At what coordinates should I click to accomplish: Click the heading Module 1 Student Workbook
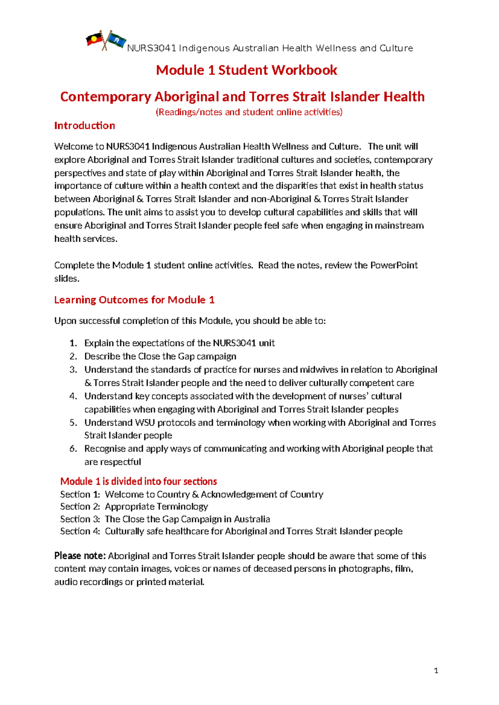[246, 70]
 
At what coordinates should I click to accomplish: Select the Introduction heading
[84, 126]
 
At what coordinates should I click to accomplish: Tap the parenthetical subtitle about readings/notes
[249, 112]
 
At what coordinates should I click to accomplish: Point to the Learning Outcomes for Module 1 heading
[134, 300]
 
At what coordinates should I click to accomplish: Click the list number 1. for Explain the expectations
[73, 343]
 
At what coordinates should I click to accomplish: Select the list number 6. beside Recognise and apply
[73, 449]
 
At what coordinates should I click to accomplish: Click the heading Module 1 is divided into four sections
[138, 481]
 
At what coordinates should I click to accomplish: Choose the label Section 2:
[80, 507]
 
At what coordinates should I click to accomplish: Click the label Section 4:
[80, 531]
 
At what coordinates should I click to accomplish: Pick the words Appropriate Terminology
[156, 507]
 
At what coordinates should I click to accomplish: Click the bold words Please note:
[80, 556]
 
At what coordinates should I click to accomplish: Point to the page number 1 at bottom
[436, 670]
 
